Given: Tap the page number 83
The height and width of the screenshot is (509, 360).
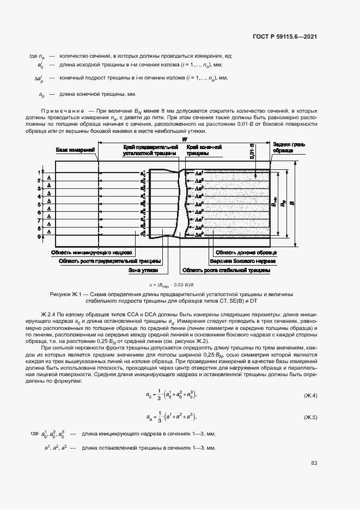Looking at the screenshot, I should (x=314, y=463).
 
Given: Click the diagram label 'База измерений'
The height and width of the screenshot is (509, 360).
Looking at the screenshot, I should (x=76, y=150).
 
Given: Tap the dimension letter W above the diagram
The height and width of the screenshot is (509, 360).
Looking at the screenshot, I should (x=184, y=140).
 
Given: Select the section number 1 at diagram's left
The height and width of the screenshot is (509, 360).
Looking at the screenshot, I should (x=39, y=172).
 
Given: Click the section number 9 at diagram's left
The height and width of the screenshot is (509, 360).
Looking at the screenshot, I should (x=39, y=237).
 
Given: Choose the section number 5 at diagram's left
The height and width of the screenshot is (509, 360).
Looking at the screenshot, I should (x=39, y=205).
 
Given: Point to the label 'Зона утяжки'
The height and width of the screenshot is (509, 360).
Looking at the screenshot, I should (x=144, y=269).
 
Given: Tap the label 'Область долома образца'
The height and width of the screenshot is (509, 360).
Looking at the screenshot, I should (x=246, y=253).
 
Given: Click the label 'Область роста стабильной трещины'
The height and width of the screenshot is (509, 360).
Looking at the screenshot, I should (x=227, y=269).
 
